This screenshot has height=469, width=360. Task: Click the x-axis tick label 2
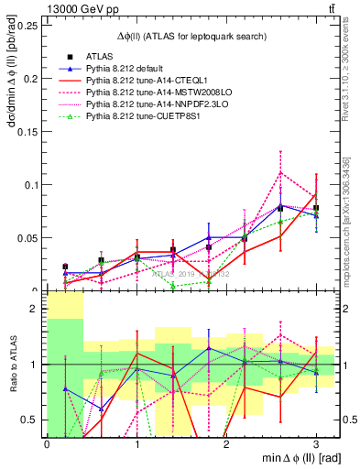point(226,444)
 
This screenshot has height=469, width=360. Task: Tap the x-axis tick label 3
point(316,444)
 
